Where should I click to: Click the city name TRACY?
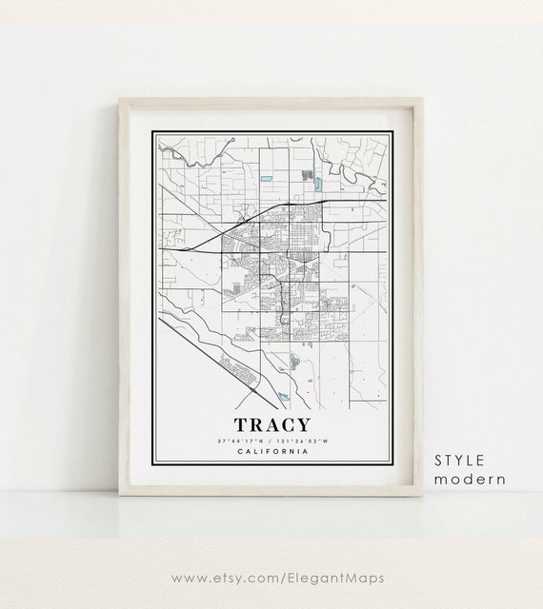[271, 424]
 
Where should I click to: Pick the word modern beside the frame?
[470, 479]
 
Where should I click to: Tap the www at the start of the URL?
[186, 576]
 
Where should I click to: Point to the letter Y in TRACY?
[302, 424]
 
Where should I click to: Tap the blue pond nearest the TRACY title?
[283, 394]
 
